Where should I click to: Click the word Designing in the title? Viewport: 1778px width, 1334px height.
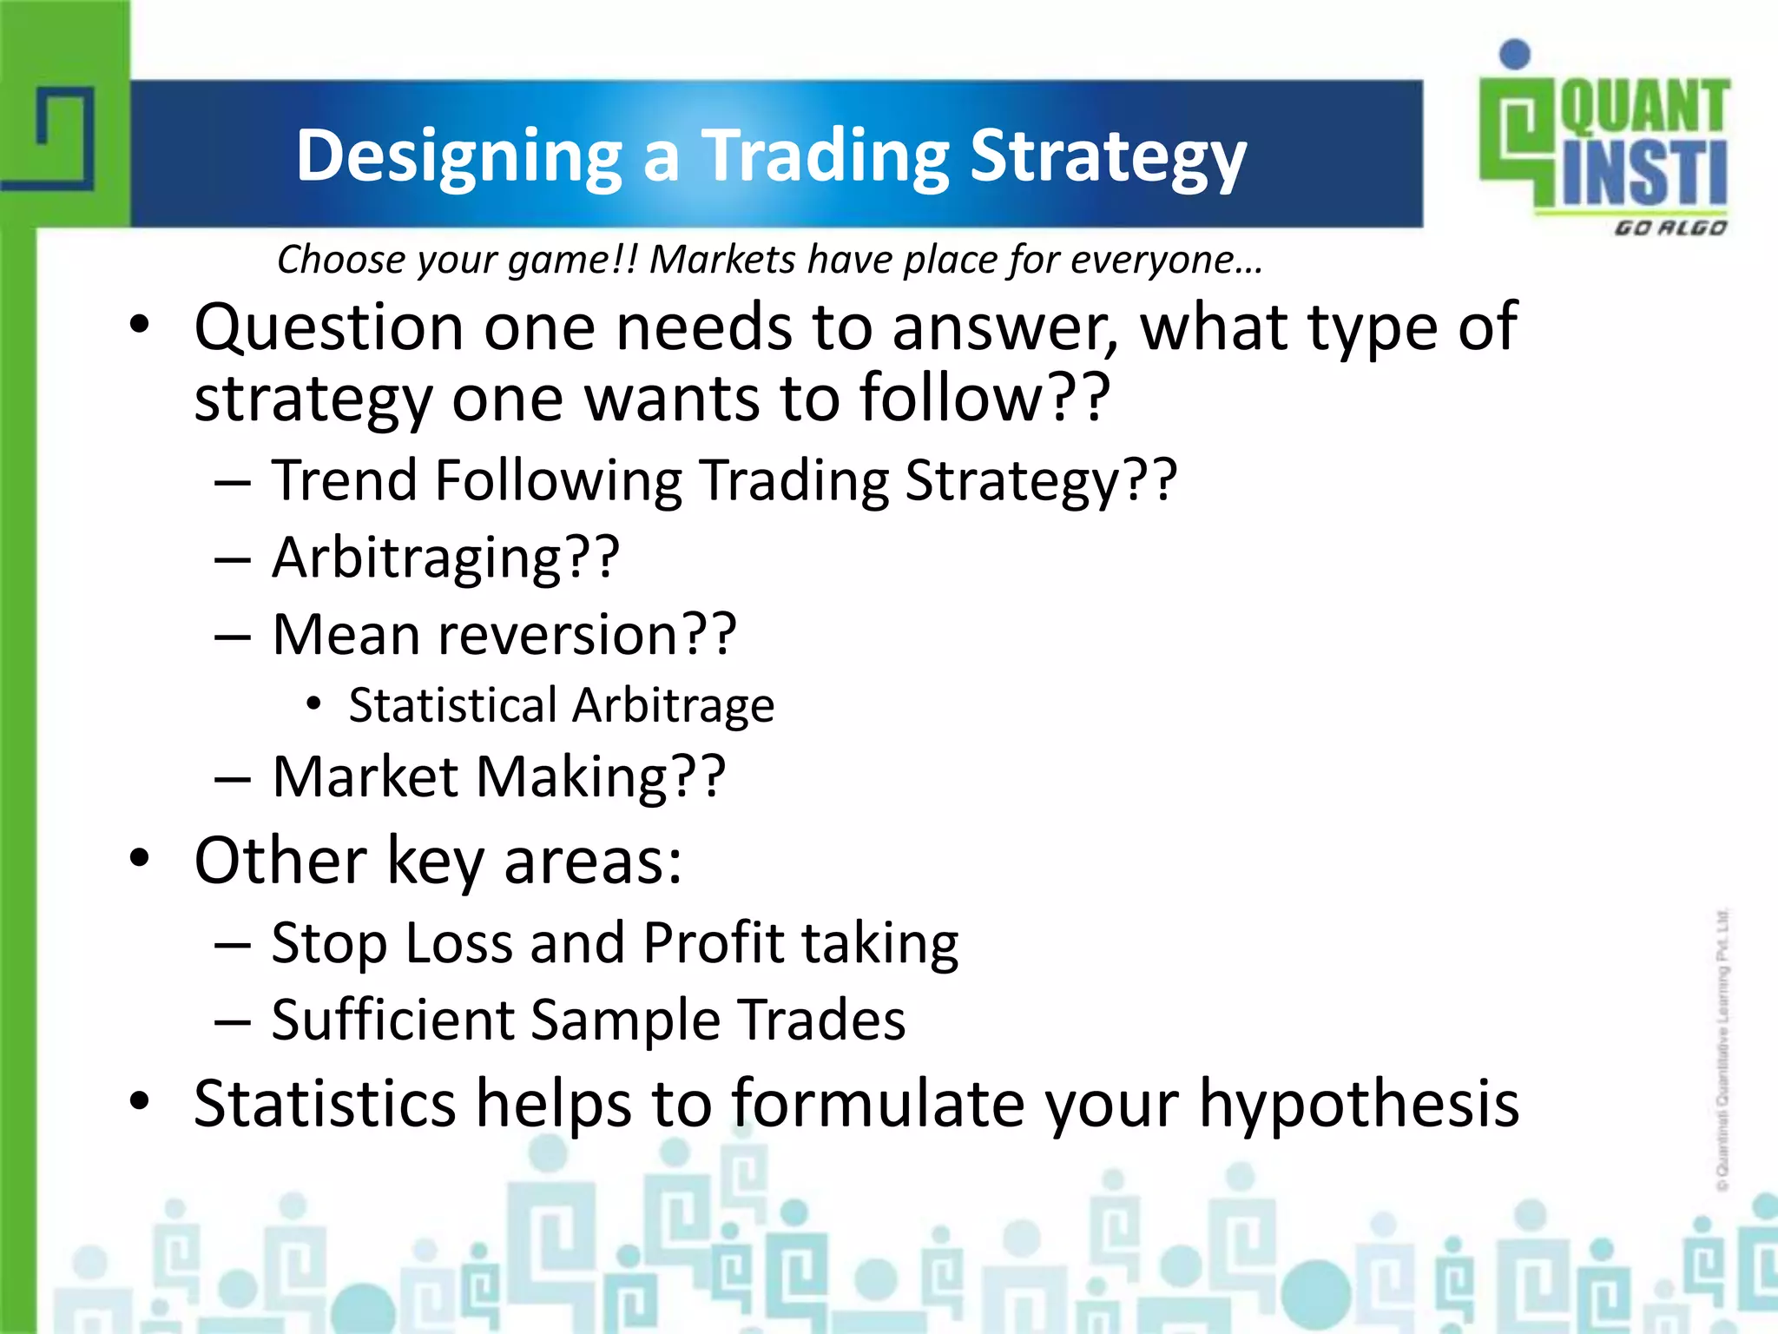pyautogui.click(x=458, y=156)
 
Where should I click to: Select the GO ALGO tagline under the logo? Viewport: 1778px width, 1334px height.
pyautogui.click(x=1669, y=228)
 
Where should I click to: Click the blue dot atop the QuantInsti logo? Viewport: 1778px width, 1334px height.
pyautogui.click(x=1515, y=54)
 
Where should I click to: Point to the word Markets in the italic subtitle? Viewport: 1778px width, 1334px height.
pyautogui.click(x=722, y=260)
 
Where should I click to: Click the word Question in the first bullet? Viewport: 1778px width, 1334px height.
pyautogui.click(x=329, y=328)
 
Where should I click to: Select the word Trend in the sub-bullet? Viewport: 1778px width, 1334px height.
pyautogui.click(x=344, y=480)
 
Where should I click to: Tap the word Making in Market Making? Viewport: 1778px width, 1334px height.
pyautogui.click(x=600, y=776)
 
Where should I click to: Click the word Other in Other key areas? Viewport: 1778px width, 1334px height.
pyautogui.click(x=280, y=861)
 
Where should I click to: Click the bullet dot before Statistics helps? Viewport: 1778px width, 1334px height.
pyautogui.click(x=140, y=1101)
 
